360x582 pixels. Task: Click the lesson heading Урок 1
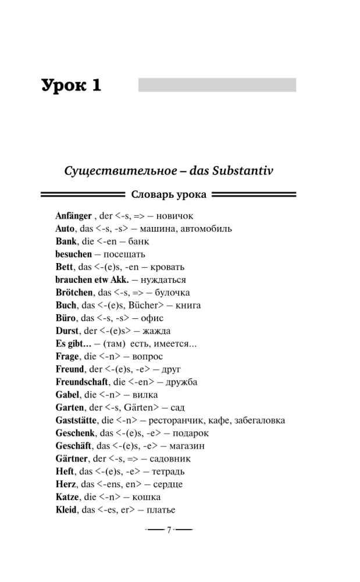[x=71, y=86]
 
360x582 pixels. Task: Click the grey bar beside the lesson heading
[x=217, y=85]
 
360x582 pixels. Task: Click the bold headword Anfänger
[x=73, y=216]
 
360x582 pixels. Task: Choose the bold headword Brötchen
[x=74, y=293]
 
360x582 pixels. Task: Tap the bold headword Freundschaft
[x=82, y=382]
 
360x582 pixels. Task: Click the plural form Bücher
[x=154, y=306]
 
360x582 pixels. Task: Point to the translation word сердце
[x=166, y=484]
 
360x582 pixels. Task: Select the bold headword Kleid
[x=67, y=510]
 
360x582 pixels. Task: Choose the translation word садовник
[x=167, y=459]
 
